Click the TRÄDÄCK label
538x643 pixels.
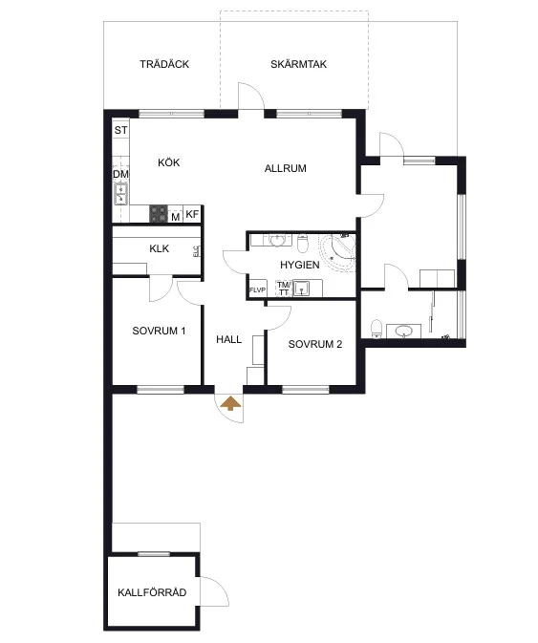[164, 64]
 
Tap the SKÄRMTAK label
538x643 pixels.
[298, 64]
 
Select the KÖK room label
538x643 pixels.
[169, 162]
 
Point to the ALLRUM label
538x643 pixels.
[286, 168]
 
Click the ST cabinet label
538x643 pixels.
[121, 130]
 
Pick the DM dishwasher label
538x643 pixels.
[121, 174]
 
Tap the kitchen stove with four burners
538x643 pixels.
[159, 214]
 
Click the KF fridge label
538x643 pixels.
[192, 214]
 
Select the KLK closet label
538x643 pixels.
[159, 248]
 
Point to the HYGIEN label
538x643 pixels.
[300, 265]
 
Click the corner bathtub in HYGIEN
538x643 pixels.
[338, 251]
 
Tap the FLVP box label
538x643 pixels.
[257, 289]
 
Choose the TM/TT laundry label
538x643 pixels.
[284, 289]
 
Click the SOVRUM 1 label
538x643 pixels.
[159, 331]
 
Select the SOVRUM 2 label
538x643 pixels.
[315, 345]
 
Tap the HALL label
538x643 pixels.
[228, 339]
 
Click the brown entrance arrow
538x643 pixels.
[231, 403]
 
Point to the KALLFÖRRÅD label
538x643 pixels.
[152, 592]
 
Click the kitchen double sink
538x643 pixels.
[121, 194]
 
